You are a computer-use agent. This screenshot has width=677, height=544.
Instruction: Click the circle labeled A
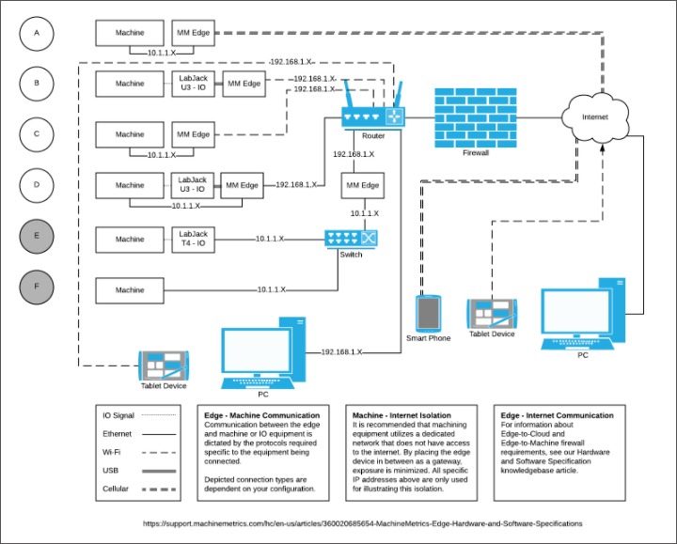point(37,33)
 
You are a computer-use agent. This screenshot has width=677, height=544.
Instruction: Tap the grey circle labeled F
point(37,287)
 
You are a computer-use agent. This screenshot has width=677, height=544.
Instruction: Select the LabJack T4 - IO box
point(193,240)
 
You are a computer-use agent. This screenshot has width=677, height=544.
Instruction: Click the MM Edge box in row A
point(193,33)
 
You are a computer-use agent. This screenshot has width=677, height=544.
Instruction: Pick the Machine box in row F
point(130,290)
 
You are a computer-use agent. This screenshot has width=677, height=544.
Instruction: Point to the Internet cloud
point(595,117)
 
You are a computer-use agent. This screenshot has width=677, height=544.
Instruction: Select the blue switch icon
point(351,239)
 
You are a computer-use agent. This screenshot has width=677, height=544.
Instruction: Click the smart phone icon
point(429,313)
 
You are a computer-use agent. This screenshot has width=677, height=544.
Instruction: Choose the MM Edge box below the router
point(363,185)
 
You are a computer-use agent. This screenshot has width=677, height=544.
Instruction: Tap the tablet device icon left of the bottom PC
point(164,365)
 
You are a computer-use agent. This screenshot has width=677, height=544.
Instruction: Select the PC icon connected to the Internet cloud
point(583,314)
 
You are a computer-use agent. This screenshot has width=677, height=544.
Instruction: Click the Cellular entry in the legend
point(139,489)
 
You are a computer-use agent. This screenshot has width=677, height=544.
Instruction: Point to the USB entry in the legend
point(139,471)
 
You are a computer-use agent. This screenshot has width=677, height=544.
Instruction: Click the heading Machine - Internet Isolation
point(401,415)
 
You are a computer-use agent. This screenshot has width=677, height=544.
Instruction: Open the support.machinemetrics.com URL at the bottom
point(362,523)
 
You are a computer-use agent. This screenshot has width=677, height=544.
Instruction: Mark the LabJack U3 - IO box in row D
point(192,185)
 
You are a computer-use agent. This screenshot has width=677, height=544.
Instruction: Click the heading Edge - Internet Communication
point(557,415)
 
